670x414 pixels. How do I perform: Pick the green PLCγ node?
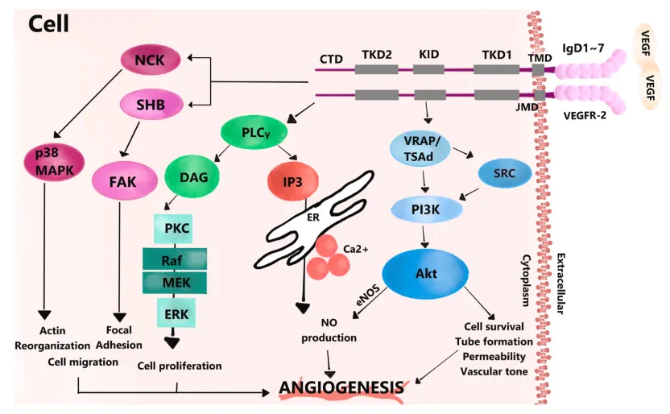click(253, 132)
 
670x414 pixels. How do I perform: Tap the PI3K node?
click(425, 211)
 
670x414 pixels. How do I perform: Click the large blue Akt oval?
click(426, 274)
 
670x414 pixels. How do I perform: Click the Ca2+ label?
click(355, 250)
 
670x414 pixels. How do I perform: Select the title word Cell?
click(48, 24)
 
